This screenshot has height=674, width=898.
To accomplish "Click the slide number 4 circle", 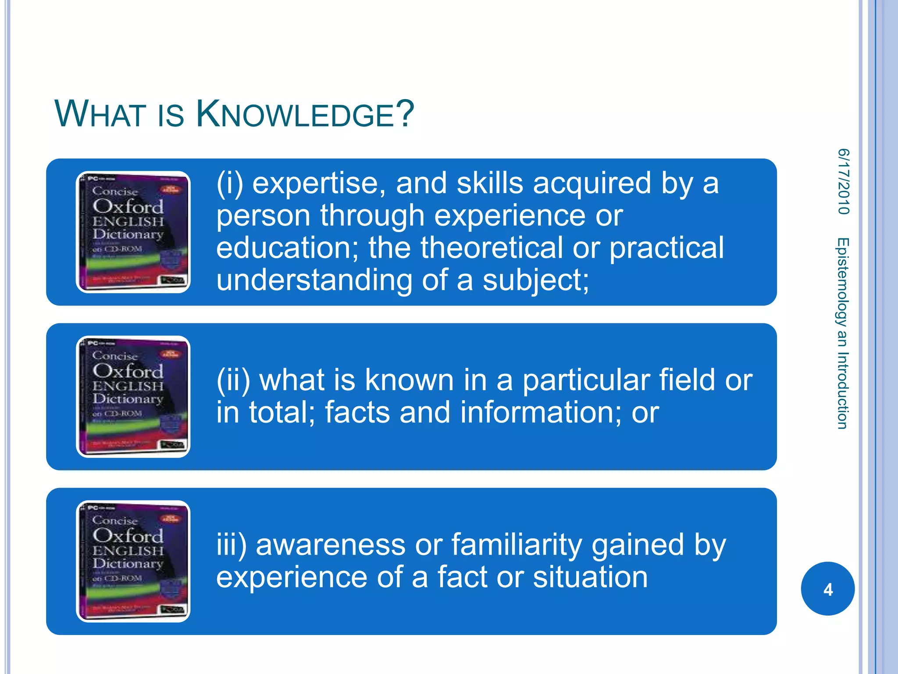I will (x=827, y=588).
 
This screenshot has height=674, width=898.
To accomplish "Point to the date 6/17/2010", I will (x=843, y=182).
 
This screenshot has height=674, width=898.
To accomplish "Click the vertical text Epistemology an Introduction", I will (x=842, y=333).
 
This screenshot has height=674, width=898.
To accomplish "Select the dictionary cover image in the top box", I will (x=133, y=232).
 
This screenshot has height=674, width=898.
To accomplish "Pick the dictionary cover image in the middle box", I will (x=133, y=397).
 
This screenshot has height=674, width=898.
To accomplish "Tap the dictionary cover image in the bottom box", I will (x=133, y=561).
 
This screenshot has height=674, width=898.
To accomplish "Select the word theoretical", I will (x=492, y=247).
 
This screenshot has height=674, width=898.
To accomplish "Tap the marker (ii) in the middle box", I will (x=233, y=380).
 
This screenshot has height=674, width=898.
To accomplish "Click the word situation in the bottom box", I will (x=590, y=577).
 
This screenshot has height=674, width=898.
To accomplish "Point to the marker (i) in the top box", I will (x=229, y=183).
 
